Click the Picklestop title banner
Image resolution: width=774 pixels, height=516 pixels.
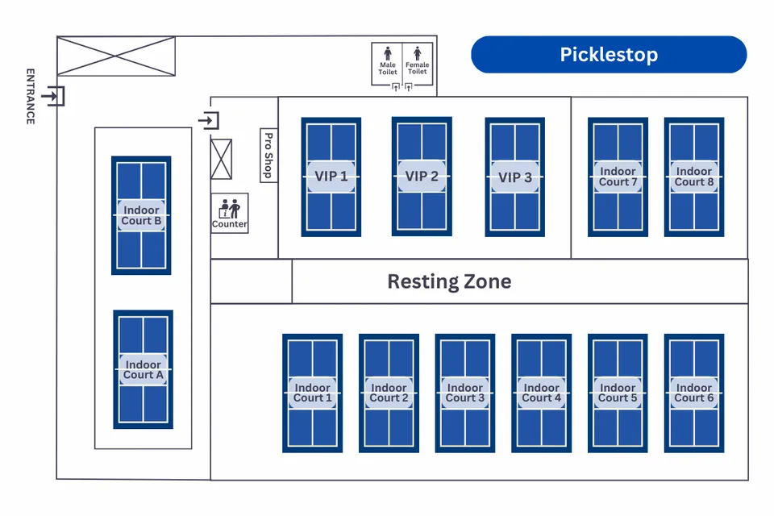click(x=609, y=55)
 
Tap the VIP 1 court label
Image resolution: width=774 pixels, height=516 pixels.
click(x=331, y=177)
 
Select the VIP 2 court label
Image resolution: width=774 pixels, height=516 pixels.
click(x=422, y=176)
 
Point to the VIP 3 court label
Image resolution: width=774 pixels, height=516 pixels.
click(x=514, y=177)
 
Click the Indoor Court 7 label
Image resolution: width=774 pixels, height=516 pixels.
click(x=618, y=177)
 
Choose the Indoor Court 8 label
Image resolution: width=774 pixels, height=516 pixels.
click(x=694, y=177)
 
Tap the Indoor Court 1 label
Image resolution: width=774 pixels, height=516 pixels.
click(x=312, y=393)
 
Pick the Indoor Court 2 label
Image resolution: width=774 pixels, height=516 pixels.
click(x=389, y=393)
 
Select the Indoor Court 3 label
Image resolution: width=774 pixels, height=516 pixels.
click(x=465, y=393)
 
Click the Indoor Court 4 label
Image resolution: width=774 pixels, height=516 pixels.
click(x=542, y=393)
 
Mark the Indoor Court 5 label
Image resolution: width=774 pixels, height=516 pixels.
click(x=618, y=393)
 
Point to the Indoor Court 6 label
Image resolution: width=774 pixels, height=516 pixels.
click(x=694, y=393)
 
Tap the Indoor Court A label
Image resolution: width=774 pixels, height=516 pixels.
click(x=143, y=370)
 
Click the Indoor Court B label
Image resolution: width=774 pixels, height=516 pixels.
click(x=141, y=215)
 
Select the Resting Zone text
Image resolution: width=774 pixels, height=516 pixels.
click(x=449, y=281)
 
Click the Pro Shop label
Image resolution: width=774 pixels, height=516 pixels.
click(x=268, y=155)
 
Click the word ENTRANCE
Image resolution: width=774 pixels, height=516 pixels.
click(x=31, y=96)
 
